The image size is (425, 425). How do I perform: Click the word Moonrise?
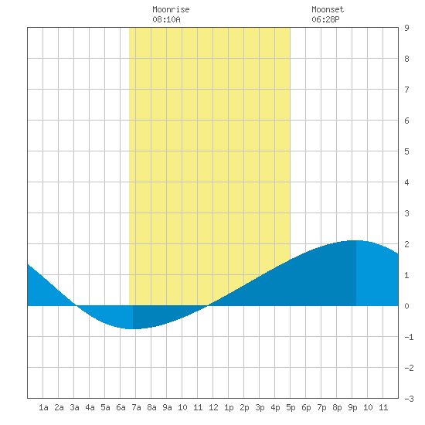[171, 9]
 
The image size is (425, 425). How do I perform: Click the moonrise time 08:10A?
[166, 19]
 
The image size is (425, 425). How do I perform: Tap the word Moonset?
[328, 9]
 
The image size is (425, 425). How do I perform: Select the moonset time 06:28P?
[325, 19]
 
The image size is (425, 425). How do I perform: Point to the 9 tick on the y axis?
[406, 28]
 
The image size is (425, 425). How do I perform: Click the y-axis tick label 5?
[406, 151]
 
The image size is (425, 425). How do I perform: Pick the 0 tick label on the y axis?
[406, 306]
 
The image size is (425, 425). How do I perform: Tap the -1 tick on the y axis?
[409, 337]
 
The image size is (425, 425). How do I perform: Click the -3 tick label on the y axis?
[409, 399]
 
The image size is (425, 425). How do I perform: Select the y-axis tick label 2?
[406, 244]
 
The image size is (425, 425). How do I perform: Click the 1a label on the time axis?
[43, 407]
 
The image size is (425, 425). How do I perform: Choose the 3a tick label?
[74, 407]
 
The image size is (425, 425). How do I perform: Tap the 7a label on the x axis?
[136, 407]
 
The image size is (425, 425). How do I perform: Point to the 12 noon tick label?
[213, 407]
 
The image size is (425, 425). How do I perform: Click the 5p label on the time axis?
[291, 407]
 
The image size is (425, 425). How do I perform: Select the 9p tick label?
[352, 407]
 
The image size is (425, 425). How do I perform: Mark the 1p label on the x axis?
[229, 407]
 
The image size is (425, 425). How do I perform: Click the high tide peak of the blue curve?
[356, 240]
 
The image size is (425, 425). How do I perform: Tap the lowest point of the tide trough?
[133, 328]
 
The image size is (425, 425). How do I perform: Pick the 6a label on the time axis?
[121, 407]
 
